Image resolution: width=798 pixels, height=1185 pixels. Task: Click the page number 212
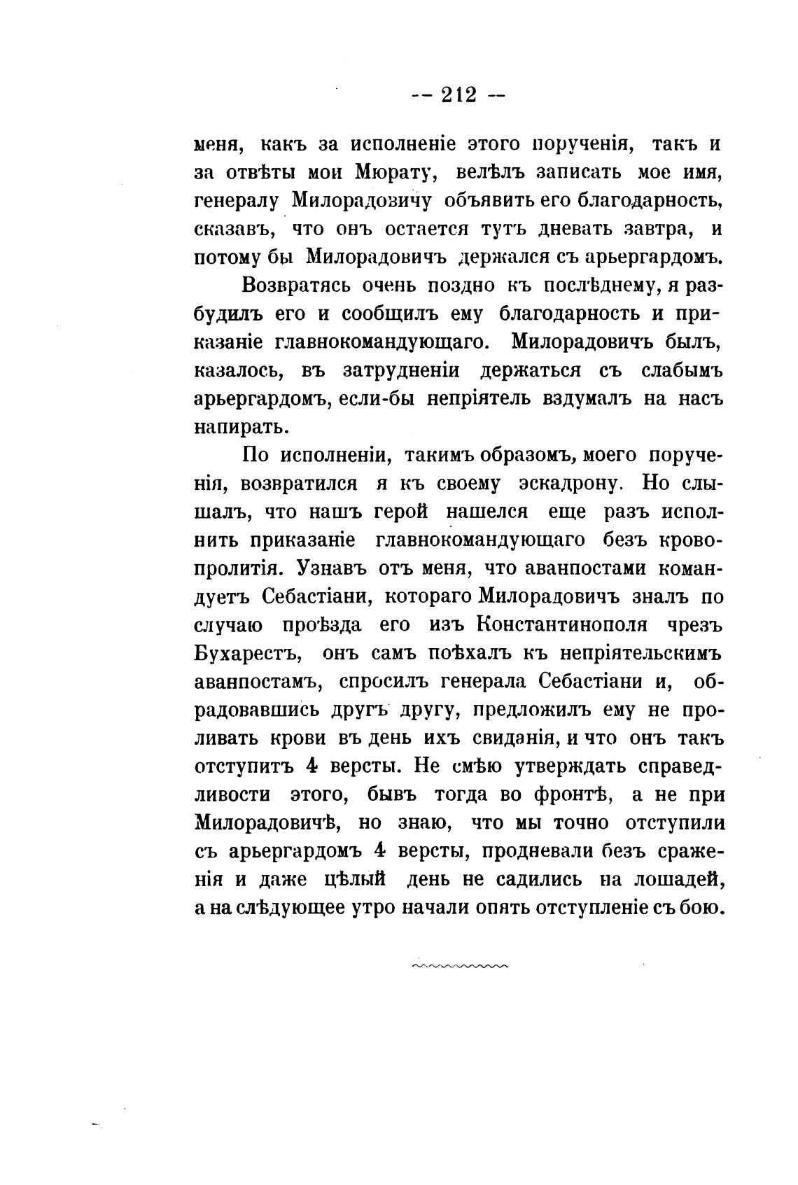(x=458, y=94)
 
